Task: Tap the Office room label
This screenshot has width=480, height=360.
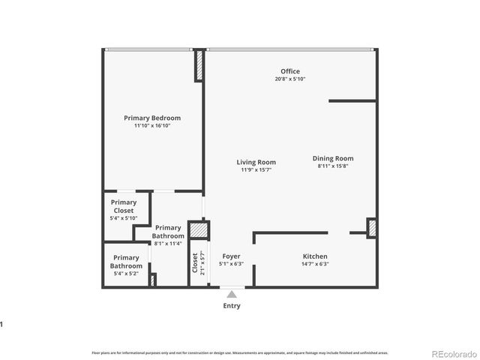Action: [x=290, y=71]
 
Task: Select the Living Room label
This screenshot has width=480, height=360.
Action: [x=256, y=162]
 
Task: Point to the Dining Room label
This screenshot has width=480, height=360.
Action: [x=333, y=158]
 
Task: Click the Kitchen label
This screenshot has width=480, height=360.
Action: [x=315, y=256]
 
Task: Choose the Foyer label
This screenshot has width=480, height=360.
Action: [x=231, y=256]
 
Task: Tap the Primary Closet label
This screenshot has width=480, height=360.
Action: [x=124, y=206]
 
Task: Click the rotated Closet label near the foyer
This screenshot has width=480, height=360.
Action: [x=195, y=262]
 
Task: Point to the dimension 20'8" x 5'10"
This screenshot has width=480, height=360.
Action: [x=290, y=79]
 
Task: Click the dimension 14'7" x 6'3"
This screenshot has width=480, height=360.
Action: [x=315, y=264]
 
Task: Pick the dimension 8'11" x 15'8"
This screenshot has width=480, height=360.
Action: [x=333, y=166]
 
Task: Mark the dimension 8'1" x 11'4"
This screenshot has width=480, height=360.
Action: [x=168, y=243]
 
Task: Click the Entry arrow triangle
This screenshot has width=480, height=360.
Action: [x=232, y=294]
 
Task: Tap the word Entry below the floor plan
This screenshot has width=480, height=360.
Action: [x=232, y=306]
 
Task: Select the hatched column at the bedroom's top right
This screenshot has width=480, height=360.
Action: [x=199, y=65]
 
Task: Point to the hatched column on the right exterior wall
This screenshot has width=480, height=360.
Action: [x=371, y=227]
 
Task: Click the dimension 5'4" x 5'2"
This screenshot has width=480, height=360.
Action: [x=126, y=273]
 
